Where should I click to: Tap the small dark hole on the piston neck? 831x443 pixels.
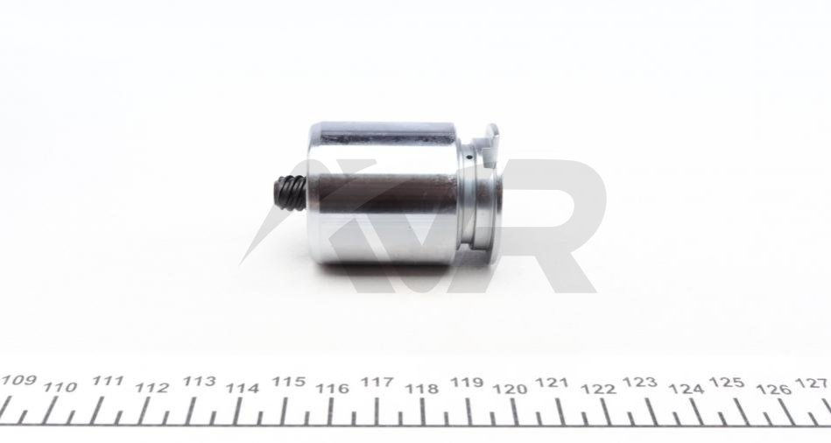coord(470,158)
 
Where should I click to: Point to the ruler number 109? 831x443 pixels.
coord(18,381)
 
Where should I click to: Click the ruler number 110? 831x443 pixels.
coord(60,387)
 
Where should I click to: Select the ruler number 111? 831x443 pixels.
coord(108,381)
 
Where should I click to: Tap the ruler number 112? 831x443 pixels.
coord(152,388)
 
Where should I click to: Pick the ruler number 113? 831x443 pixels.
coord(199,382)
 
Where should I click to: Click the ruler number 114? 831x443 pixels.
coord(243,389)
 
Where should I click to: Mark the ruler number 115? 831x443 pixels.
coord(289,382)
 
